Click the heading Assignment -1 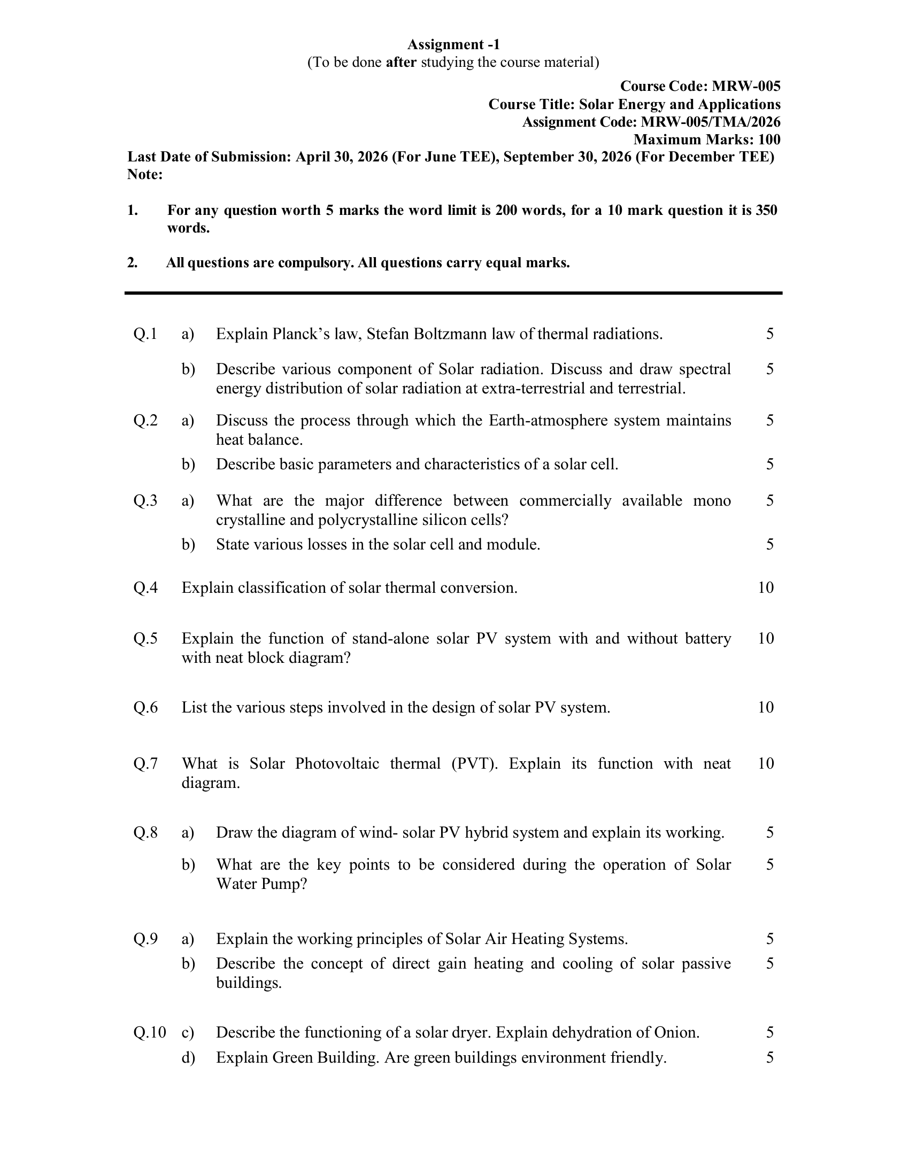453,44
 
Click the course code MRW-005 746,86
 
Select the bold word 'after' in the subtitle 401,63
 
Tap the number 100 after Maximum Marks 769,140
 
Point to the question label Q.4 145,587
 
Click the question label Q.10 150,1032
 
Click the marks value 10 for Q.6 766,707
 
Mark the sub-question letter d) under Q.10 188,1057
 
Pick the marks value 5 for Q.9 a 770,939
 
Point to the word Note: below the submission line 145,174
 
